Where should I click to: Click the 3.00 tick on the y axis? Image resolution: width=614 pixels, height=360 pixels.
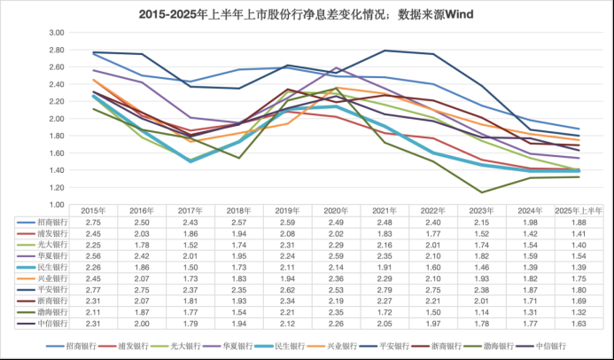click(56, 32)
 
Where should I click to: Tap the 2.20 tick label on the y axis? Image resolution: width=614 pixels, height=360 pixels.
click(56, 101)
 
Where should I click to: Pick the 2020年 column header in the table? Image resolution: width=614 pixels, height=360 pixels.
click(336, 210)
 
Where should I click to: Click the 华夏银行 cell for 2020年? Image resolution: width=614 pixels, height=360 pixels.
click(336, 255)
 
